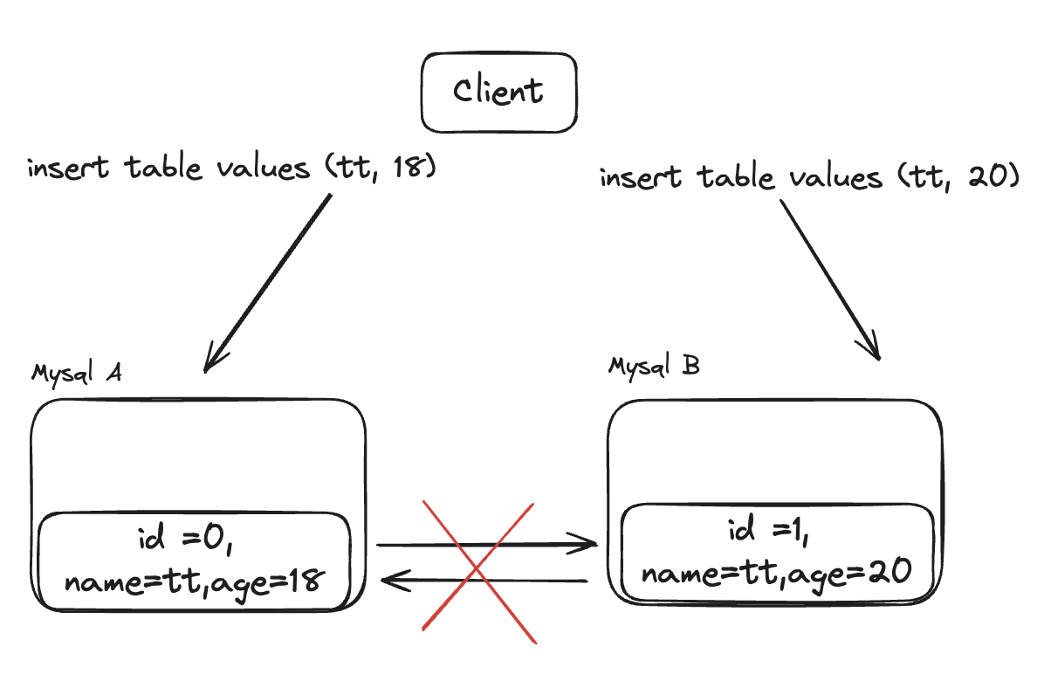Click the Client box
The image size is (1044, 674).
pyautogui.click(x=498, y=91)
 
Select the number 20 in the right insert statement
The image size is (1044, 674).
pyautogui.click(x=987, y=178)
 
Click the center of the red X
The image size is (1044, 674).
pyautogui.click(x=477, y=571)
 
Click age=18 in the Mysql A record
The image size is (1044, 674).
pyautogui.click(x=282, y=580)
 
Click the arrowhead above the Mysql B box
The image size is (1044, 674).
pyautogui.click(x=873, y=348)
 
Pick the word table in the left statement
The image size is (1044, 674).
pyautogui.click(x=164, y=168)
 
